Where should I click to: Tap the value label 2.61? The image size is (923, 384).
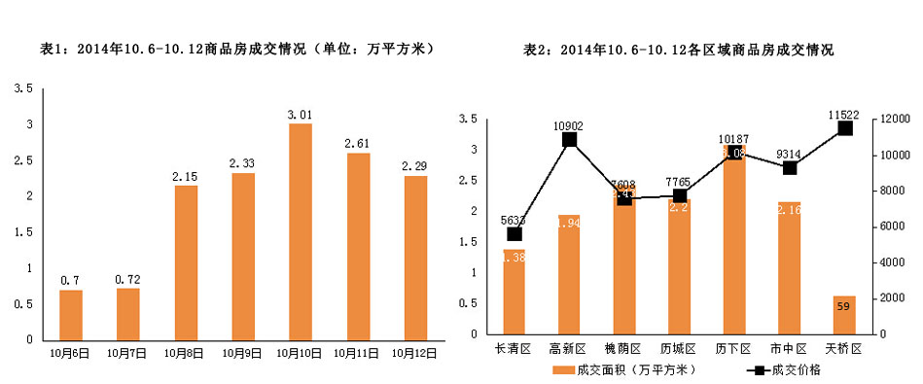pyautogui.click(x=357, y=144)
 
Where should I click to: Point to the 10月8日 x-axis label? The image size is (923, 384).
pyautogui.click(x=185, y=353)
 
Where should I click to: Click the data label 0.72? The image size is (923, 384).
pyautogui.click(x=127, y=280)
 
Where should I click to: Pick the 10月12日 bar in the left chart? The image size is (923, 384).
pyautogui.click(x=415, y=258)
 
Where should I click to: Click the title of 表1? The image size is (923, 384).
pyautogui.click(x=235, y=48)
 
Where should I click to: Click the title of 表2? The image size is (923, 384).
pyautogui.click(x=678, y=48)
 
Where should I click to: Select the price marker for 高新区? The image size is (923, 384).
pyautogui.click(x=569, y=139)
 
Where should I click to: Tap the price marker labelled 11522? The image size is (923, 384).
pyautogui.click(x=844, y=128)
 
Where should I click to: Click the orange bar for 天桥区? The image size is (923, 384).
pyautogui.click(x=844, y=315)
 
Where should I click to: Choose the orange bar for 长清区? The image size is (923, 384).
pyautogui.click(x=514, y=292)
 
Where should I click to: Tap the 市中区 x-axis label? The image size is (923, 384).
pyautogui.click(x=790, y=348)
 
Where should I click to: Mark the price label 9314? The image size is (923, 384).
pyautogui.click(x=788, y=154)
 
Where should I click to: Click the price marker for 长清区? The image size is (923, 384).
pyautogui.click(x=514, y=233)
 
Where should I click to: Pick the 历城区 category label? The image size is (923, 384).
pyautogui.click(x=678, y=348)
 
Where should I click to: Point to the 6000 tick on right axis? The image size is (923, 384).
pyautogui.click(x=892, y=227)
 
